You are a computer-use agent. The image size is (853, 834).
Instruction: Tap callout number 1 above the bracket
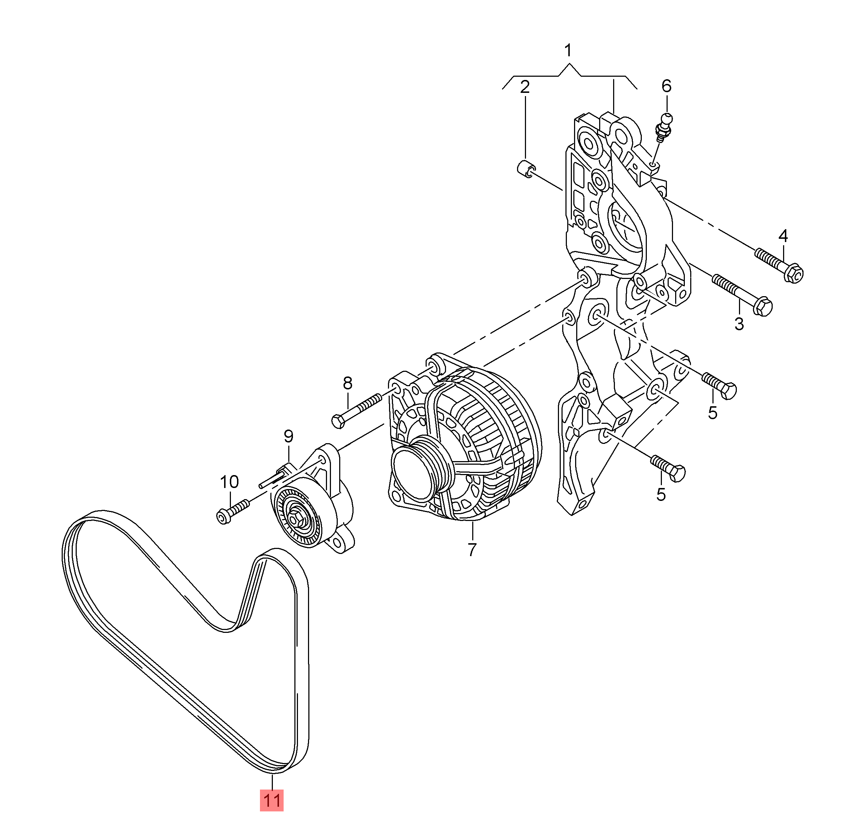pyautogui.click(x=568, y=51)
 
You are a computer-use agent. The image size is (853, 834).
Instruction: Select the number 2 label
pyautogui.click(x=525, y=87)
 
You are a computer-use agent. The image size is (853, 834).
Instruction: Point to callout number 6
pyautogui.click(x=666, y=86)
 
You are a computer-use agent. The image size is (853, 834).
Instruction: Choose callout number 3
pyautogui.click(x=739, y=324)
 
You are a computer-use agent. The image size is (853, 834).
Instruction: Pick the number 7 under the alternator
pyautogui.click(x=471, y=550)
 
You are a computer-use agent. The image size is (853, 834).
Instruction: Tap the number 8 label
pyautogui.click(x=347, y=383)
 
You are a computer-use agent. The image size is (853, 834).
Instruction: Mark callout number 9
pyautogui.click(x=288, y=436)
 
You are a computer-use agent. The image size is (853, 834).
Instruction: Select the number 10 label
pyautogui.click(x=229, y=482)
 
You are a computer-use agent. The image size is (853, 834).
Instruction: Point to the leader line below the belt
pyautogui.click(x=272, y=781)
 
